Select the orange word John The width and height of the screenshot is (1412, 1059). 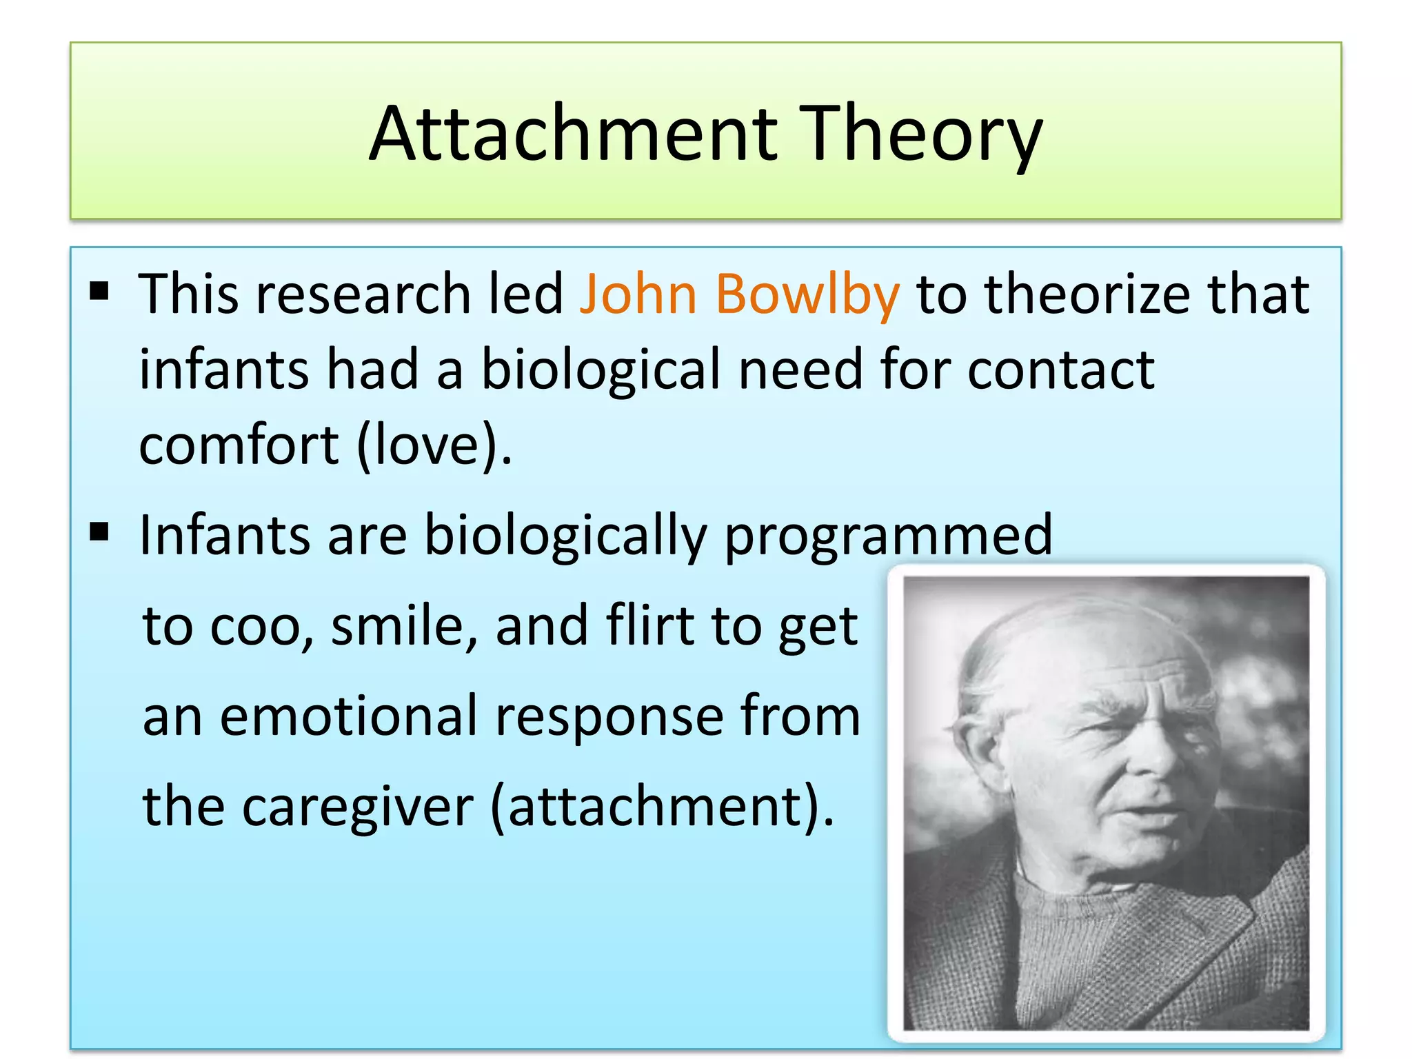tap(638, 294)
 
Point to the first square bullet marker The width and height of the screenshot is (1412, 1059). tap(99, 292)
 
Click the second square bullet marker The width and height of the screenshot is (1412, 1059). tap(99, 532)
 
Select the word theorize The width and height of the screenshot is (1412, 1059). tap(1087, 294)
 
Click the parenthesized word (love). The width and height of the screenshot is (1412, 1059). tap(434, 446)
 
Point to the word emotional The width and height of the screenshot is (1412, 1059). tap(349, 716)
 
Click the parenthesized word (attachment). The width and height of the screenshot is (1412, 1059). tap(662, 807)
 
